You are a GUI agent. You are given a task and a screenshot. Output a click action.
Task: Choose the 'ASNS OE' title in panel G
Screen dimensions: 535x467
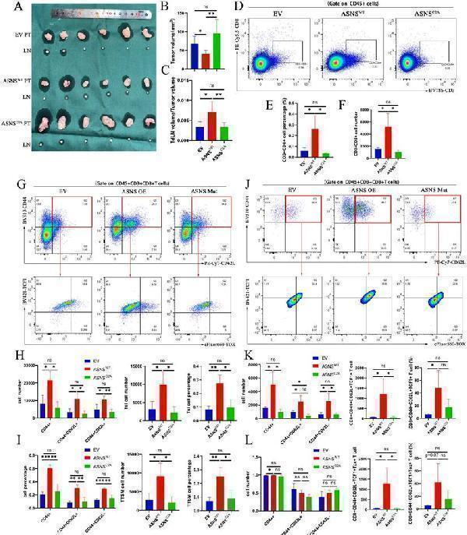pos(121,192)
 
